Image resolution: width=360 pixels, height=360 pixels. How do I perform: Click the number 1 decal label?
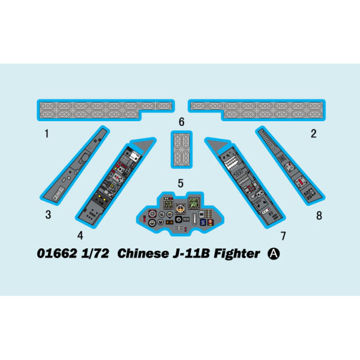tap(47, 134)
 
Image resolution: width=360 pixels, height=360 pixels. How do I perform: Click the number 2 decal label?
tap(313, 134)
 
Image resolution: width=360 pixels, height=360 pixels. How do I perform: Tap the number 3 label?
tap(48, 215)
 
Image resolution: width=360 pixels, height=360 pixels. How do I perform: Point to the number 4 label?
tap(80, 236)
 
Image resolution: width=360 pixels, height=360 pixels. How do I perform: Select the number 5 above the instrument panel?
tap(181, 183)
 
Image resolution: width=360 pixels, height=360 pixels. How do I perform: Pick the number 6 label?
tap(182, 122)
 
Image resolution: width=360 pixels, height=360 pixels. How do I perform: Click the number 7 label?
tap(283, 236)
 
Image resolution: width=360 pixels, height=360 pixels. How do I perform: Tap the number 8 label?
tap(319, 215)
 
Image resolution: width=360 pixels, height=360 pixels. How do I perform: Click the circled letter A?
tap(274, 254)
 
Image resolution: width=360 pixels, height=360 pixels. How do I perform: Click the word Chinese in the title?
tap(143, 254)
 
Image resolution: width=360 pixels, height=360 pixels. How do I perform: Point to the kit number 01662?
tap(57, 254)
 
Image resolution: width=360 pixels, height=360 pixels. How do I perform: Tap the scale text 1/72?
tap(95, 254)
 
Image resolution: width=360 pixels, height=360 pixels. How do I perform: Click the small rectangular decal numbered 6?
tap(181, 149)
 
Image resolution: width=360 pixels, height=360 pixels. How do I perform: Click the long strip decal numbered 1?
tap(106, 110)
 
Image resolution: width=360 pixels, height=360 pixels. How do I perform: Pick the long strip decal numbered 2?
tap(257, 110)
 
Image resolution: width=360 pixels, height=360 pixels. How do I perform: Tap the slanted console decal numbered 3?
tap(75, 166)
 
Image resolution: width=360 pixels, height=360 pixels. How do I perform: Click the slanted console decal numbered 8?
tap(290, 166)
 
